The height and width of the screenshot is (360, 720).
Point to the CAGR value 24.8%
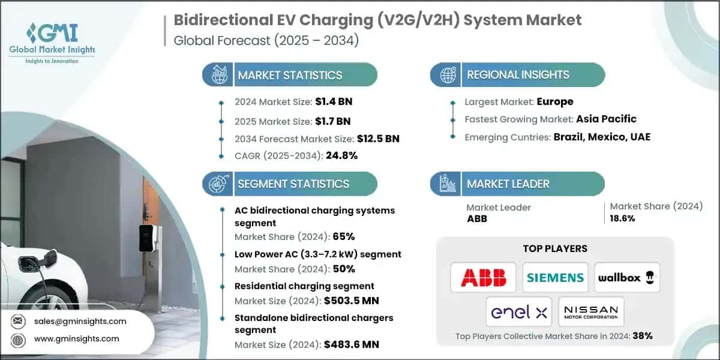[341, 156]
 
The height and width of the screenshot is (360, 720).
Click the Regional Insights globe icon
[446, 75]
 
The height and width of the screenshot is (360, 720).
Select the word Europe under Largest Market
[555, 101]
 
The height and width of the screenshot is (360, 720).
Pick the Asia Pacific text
[606, 119]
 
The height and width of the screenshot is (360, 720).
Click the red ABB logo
[483, 277]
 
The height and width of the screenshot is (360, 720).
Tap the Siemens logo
[555, 277]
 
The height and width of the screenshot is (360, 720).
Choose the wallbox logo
[626, 277]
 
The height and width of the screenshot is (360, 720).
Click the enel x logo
[519, 312]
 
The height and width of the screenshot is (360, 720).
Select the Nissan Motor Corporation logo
[591, 312]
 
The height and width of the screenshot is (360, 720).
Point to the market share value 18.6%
[622, 218]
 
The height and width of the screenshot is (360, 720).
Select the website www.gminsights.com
[76, 338]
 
